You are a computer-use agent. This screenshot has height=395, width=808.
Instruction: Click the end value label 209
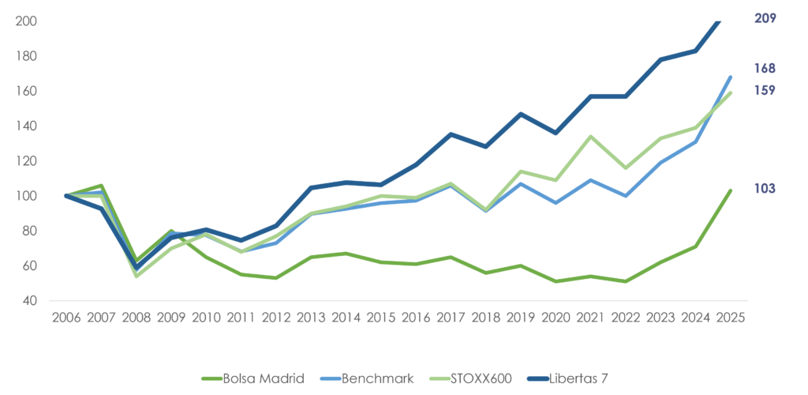point(765,17)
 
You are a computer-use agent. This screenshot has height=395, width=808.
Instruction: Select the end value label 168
point(765,69)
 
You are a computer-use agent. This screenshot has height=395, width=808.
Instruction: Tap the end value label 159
point(765,90)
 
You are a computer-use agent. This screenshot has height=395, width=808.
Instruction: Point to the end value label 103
point(765,188)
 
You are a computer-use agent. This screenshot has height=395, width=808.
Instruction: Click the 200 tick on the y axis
point(28,21)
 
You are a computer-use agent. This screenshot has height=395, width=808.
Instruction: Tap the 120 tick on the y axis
point(28,160)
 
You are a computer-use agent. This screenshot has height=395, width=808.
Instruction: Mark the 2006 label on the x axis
point(66,318)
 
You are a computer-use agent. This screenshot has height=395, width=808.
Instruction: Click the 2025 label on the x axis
point(730,318)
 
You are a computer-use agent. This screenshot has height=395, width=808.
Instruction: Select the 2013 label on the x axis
point(311,318)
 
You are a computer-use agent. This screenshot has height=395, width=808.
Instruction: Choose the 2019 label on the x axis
point(521,318)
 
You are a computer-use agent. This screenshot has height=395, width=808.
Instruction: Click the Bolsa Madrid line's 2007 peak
point(102,186)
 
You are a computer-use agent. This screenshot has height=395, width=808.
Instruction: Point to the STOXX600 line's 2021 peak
point(590,137)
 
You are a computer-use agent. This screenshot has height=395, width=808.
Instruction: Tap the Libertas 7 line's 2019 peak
point(521,114)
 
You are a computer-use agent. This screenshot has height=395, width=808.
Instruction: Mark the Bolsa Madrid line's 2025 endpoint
point(730,190)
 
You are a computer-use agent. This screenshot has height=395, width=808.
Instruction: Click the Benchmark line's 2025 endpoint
point(730,77)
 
